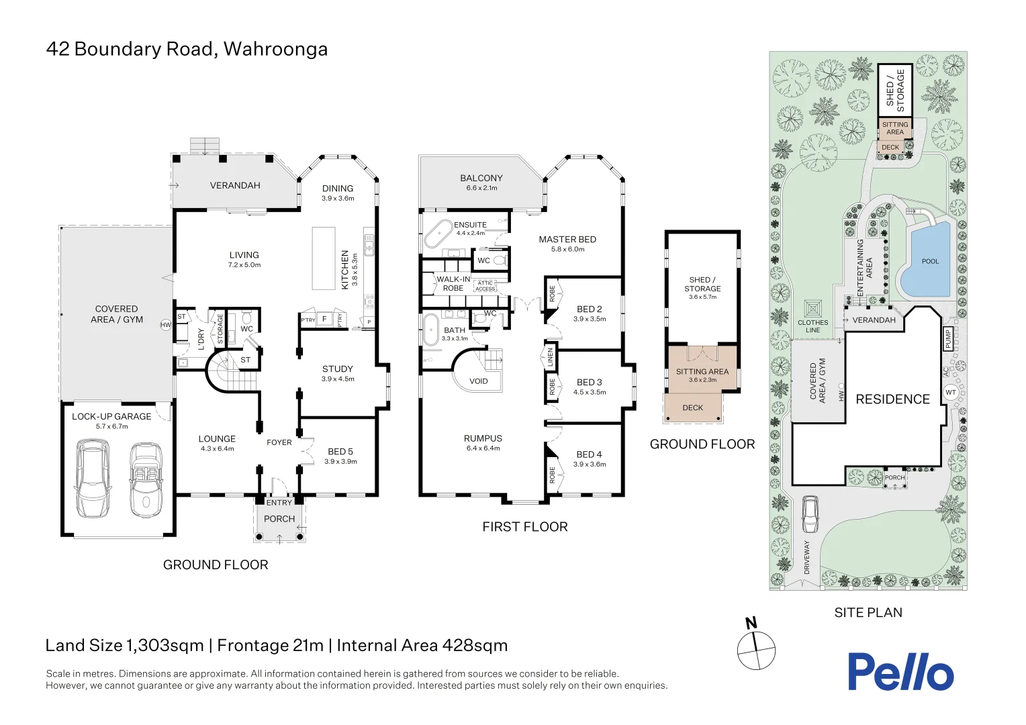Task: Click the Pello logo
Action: [x=900, y=672]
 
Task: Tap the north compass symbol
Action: [x=756, y=648]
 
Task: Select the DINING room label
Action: [x=337, y=189]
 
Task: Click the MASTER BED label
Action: [x=567, y=239]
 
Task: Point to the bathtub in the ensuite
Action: [x=438, y=234]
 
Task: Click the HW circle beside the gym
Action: [x=166, y=325]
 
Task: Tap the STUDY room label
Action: [x=337, y=369]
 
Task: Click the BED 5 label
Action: [x=340, y=452]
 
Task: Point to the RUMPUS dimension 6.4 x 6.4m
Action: [x=483, y=448]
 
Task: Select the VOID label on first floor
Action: [x=478, y=381]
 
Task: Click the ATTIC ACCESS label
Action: [x=485, y=286]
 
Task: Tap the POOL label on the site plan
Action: [x=930, y=261]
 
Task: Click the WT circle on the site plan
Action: [x=950, y=392]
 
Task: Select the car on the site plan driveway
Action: [x=810, y=515]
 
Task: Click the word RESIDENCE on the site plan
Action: [x=892, y=399]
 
